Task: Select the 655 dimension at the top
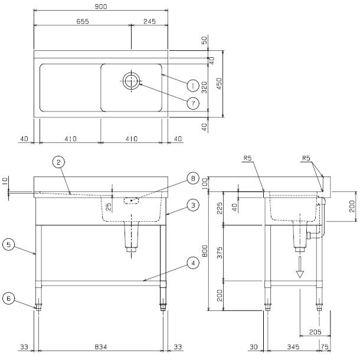point(82,21)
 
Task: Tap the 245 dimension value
point(149,21)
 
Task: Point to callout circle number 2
point(58,161)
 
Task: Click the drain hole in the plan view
point(131,81)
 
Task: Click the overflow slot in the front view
point(132,201)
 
